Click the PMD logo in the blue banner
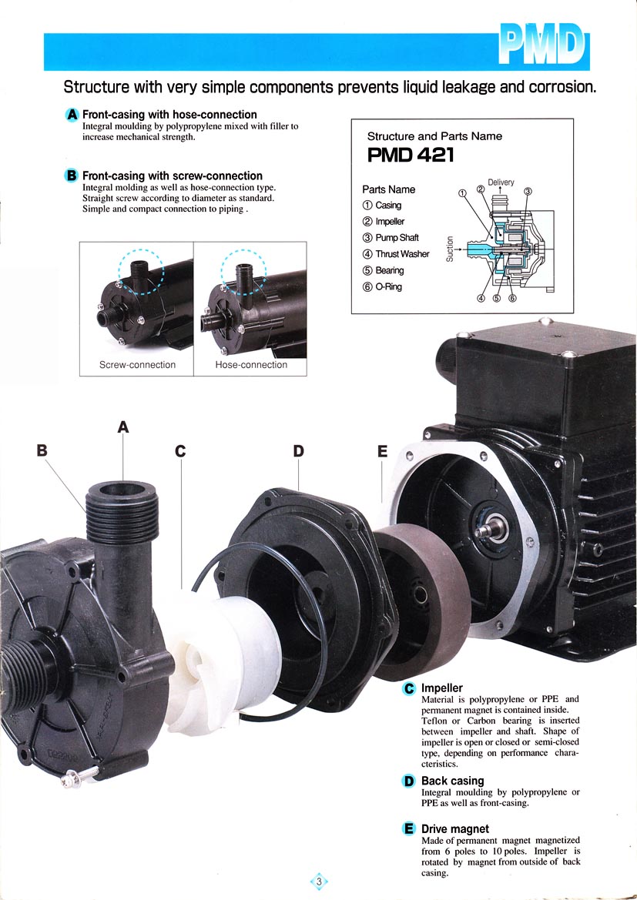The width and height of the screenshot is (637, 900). click(543, 45)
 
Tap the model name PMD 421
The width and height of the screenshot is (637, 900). click(410, 155)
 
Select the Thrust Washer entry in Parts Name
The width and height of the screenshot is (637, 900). click(396, 254)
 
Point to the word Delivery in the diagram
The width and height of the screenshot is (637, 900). click(501, 182)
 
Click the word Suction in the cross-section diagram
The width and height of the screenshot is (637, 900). click(450, 249)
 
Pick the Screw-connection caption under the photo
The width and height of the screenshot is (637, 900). click(137, 364)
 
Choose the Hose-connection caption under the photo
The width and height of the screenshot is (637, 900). click(251, 364)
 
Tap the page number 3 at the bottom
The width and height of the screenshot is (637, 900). click(319, 881)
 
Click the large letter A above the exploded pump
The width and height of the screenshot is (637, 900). click(123, 427)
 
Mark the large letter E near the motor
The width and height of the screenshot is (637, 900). click(383, 451)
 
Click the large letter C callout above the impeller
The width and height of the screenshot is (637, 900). click(180, 451)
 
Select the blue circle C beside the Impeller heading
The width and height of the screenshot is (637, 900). click(409, 688)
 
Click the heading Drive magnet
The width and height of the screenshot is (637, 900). click(455, 829)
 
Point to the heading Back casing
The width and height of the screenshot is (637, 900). click(453, 781)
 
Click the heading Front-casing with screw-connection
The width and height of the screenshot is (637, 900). click(173, 176)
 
